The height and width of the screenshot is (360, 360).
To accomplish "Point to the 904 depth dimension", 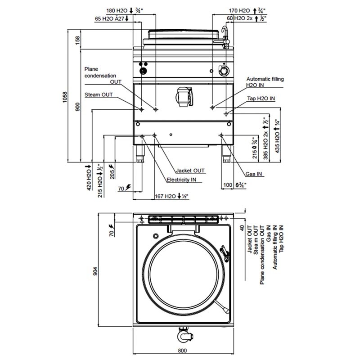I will [x=95, y=270].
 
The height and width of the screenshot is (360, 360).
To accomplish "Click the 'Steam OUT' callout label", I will [x=99, y=94].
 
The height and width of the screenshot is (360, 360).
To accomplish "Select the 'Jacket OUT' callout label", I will [x=190, y=171].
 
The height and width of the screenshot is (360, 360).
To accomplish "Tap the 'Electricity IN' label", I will [x=182, y=180].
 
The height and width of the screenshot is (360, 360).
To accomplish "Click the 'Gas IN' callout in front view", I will [x=254, y=174].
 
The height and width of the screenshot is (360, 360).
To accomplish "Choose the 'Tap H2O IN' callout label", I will [x=261, y=98].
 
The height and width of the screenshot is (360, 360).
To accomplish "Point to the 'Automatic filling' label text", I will [x=265, y=79].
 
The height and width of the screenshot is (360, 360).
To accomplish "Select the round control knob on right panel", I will [x=222, y=71].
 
